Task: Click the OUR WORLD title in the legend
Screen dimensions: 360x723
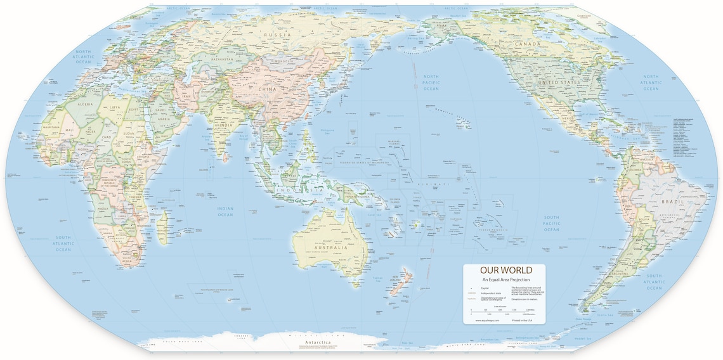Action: [x=506, y=271]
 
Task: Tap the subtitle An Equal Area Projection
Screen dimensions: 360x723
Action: [x=506, y=280]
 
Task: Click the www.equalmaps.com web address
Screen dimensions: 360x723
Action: [x=488, y=321]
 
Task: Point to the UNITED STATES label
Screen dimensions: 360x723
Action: [x=558, y=83]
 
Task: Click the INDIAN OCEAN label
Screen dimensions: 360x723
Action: [x=225, y=211]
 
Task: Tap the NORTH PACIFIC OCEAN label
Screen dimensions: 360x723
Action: [x=431, y=82]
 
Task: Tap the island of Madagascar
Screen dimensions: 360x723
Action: [x=163, y=228]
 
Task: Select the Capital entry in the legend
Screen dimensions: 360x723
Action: [x=486, y=288]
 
